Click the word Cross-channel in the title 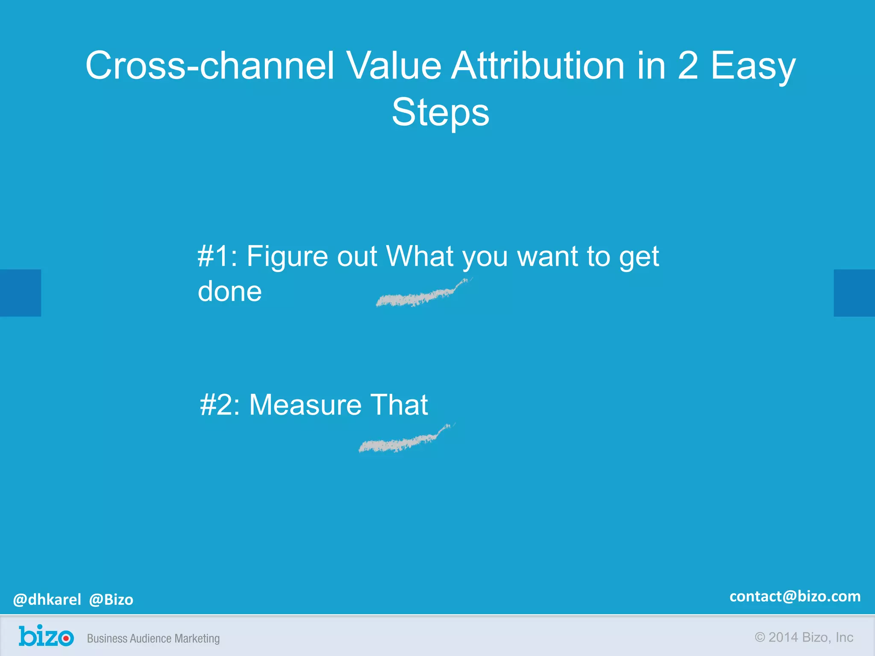click(209, 66)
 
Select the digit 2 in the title click(687, 66)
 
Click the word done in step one click(229, 292)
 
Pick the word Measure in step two click(305, 405)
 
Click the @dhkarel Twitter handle click(47, 600)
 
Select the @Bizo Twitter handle click(111, 600)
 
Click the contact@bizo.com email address click(795, 596)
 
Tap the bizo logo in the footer click(46, 636)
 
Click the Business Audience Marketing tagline click(153, 638)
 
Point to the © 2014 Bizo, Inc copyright click(804, 637)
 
